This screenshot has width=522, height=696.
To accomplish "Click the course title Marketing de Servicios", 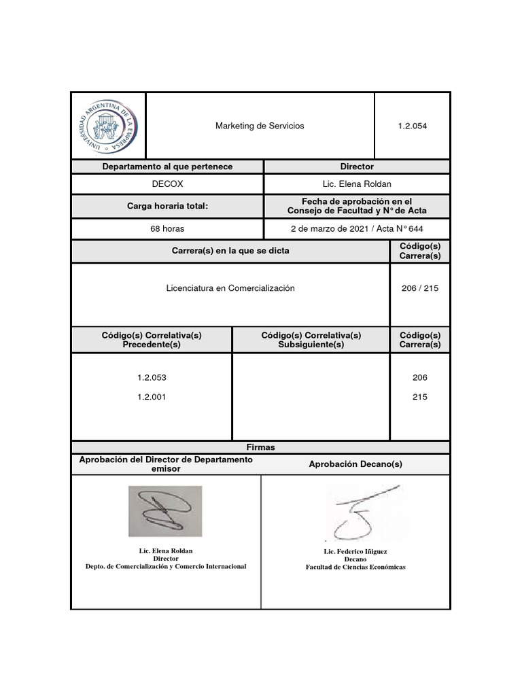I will pyautogui.click(x=260, y=126).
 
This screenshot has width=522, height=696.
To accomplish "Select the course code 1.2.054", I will pyautogui.click(x=413, y=126).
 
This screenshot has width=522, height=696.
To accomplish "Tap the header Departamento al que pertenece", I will pyautogui.click(x=167, y=167).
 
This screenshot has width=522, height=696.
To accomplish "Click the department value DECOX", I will pyautogui.click(x=167, y=184).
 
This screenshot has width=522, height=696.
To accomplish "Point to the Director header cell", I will pyautogui.click(x=357, y=167).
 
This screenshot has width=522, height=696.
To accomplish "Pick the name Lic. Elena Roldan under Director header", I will pyautogui.click(x=357, y=184).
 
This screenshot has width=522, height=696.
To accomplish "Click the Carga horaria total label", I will pyautogui.click(x=167, y=207).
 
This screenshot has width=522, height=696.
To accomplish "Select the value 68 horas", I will pyautogui.click(x=167, y=229).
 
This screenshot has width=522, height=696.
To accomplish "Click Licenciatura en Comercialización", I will pyautogui.click(x=230, y=288).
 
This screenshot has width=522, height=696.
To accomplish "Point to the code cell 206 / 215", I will pyautogui.click(x=420, y=288).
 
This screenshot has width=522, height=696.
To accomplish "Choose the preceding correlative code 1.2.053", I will pyautogui.click(x=152, y=377).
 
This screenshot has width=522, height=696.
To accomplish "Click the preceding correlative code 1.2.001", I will pyautogui.click(x=152, y=398).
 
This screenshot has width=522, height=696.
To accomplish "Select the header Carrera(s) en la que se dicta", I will pyautogui.click(x=230, y=251).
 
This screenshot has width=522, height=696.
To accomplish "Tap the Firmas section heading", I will pyautogui.click(x=260, y=447).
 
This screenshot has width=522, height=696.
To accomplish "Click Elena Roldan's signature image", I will pyautogui.click(x=165, y=512).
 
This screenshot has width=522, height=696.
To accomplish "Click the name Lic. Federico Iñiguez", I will pyautogui.click(x=355, y=552).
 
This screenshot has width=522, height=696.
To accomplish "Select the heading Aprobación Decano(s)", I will pyautogui.click(x=355, y=464).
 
